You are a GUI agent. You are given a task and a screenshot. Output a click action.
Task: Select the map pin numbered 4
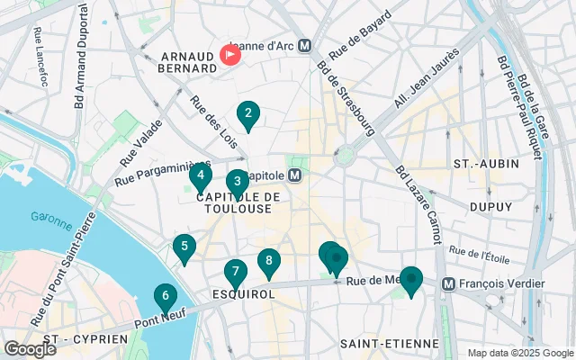[202, 175]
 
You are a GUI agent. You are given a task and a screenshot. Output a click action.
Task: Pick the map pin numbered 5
[184, 247]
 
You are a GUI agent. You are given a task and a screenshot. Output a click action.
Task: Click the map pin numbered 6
[164, 296]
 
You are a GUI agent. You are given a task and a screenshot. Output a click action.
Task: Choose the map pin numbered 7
[235, 272]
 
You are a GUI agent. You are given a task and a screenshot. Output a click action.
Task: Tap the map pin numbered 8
[268, 262]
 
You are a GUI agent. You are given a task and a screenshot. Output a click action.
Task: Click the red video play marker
[230, 55]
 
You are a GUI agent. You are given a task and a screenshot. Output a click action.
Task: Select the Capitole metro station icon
[296, 175]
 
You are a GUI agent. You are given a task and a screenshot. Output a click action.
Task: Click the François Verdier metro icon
[447, 283]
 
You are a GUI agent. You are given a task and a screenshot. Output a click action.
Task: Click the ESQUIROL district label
[236, 293]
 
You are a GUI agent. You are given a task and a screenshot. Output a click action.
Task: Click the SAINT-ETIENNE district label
[389, 343]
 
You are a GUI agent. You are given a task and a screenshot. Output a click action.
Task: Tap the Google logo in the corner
[30, 348]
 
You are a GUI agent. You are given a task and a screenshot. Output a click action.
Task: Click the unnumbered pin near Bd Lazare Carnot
[411, 281]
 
